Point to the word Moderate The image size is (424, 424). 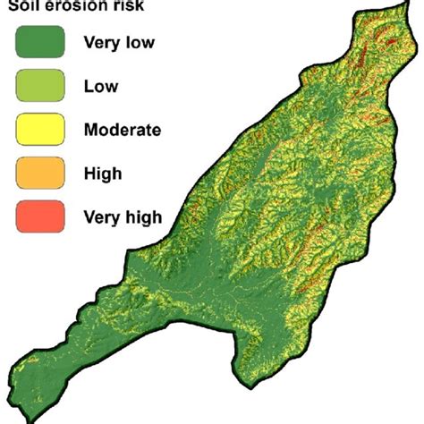click(122, 130)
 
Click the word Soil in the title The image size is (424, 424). click(26, 5)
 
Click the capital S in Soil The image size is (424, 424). click(14, 5)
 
